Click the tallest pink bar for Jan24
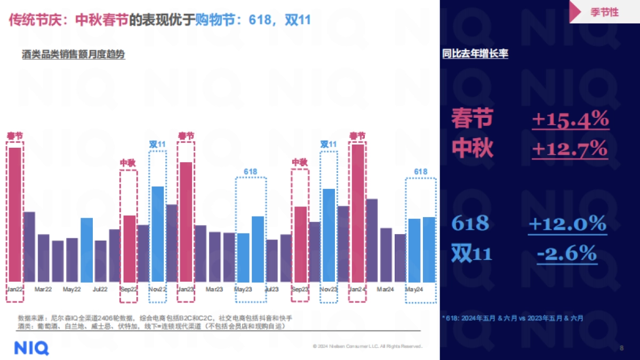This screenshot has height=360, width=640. (x=358, y=213)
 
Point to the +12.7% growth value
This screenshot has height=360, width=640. (x=570, y=148)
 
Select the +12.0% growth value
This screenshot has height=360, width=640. (x=567, y=223)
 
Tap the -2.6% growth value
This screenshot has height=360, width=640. (x=566, y=253)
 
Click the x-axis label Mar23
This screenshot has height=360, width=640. (x=214, y=289)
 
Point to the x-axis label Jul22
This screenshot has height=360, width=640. (x=100, y=289)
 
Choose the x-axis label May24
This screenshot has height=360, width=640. (x=414, y=289)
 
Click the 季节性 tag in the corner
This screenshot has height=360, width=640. (x=605, y=12)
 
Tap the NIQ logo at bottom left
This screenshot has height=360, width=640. (x=31, y=348)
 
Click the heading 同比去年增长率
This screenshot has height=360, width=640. (x=475, y=54)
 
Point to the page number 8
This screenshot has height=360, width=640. (x=621, y=348)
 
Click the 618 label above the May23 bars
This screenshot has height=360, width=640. (x=251, y=171)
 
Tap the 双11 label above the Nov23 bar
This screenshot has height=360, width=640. (x=329, y=144)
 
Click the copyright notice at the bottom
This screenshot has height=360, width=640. (x=368, y=347)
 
